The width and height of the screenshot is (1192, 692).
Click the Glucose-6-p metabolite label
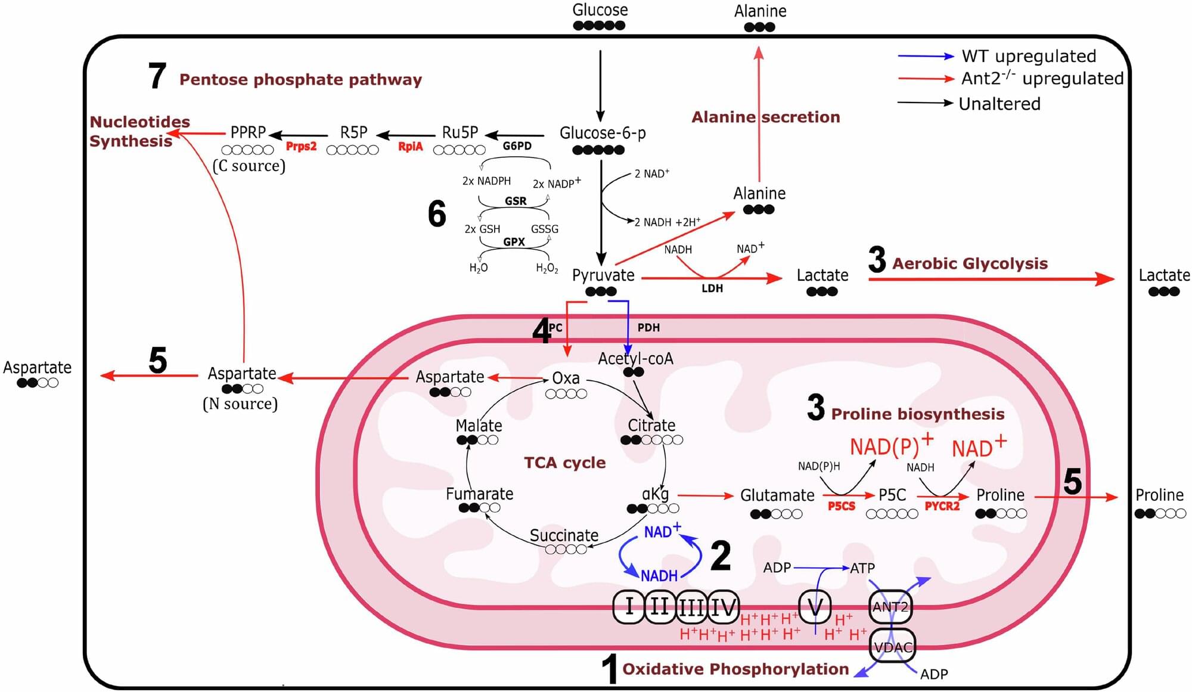coord(602,133)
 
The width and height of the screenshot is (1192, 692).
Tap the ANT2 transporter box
coord(890,607)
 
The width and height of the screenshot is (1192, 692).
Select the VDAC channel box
coord(892,647)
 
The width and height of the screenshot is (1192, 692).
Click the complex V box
coord(814,607)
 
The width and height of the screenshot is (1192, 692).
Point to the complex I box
coord(629,607)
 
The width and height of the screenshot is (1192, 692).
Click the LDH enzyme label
coord(712,288)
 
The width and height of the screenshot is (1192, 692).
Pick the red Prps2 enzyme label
coord(301,147)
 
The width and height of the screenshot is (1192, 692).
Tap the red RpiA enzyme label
coord(410,147)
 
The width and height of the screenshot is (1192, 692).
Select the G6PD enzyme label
coord(517,146)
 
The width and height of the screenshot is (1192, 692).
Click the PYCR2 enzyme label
coord(942,506)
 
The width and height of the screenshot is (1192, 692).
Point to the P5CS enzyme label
coord(841,506)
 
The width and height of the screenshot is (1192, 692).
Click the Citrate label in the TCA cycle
coord(651,426)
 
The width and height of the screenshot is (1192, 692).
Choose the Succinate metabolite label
coord(564,535)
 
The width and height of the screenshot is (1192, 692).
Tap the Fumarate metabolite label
coord(479,494)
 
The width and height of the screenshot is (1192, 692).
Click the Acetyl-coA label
coord(635,358)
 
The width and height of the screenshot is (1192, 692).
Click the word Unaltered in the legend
coord(999,104)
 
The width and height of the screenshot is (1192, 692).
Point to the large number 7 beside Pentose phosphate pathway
coord(157,76)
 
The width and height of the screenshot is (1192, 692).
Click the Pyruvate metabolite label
coord(603,275)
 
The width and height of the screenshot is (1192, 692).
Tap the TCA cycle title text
coord(564,463)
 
